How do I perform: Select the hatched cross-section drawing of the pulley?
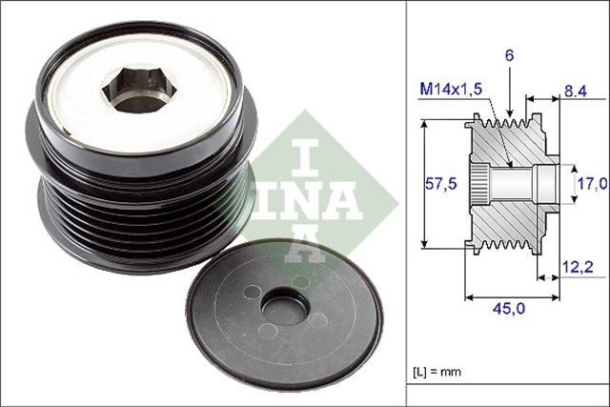click(505, 181)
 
